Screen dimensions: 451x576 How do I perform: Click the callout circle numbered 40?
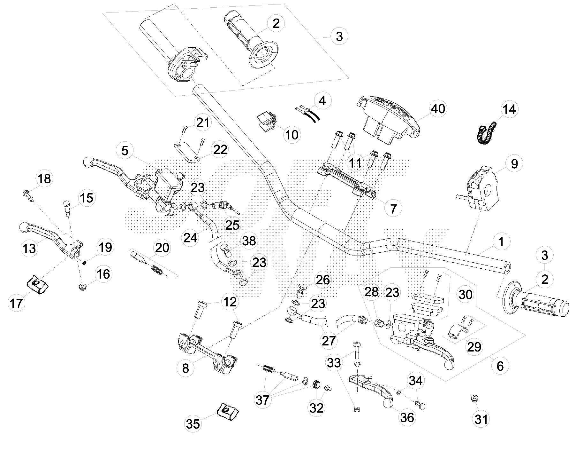(438, 109)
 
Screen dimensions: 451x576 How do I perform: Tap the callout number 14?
(509, 109)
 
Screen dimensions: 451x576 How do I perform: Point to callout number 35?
(193, 424)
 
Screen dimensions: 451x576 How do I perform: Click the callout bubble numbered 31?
(481, 419)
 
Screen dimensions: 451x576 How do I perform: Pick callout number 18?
(44, 178)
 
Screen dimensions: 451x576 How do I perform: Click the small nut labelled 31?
(474, 399)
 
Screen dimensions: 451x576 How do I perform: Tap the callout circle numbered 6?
(500, 366)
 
